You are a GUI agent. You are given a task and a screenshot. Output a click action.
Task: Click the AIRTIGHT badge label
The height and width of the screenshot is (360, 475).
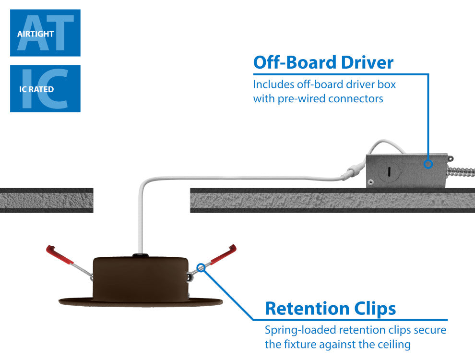pyautogui.click(x=35, y=34)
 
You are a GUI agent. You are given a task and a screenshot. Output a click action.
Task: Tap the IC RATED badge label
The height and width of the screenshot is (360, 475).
pyautogui.click(x=36, y=89)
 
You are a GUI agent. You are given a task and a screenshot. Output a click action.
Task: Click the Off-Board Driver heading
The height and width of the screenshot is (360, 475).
pyautogui.click(x=323, y=62)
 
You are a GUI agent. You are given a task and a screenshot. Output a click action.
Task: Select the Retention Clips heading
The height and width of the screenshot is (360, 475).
pyautogui.click(x=331, y=308)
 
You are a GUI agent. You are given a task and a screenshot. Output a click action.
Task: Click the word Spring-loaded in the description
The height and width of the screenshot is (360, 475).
pyautogui.click(x=300, y=330)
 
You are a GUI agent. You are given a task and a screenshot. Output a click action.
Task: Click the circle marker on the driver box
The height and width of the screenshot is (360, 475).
pyautogui.click(x=428, y=164)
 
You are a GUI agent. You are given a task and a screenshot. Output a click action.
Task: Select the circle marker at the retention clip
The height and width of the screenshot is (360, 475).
pyautogui.click(x=201, y=268)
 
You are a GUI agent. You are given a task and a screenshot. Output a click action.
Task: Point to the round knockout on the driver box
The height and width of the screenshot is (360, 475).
pyautogui.click(x=388, y=171)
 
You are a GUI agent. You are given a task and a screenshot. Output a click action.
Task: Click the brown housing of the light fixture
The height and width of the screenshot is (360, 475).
pyautogui.click(x=140, y=278)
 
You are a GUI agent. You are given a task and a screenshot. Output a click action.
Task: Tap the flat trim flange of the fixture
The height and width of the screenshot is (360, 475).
pyautogui.click(x=140, y=302)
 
